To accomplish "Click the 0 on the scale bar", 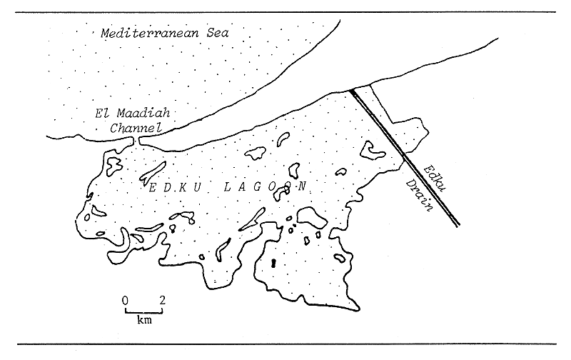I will pos(125,299).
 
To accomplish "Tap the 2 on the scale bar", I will pos(162,299).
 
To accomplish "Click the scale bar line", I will pos(143,311).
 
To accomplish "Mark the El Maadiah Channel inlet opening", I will pos(136,141).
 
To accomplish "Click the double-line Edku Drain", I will pos(407,157).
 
